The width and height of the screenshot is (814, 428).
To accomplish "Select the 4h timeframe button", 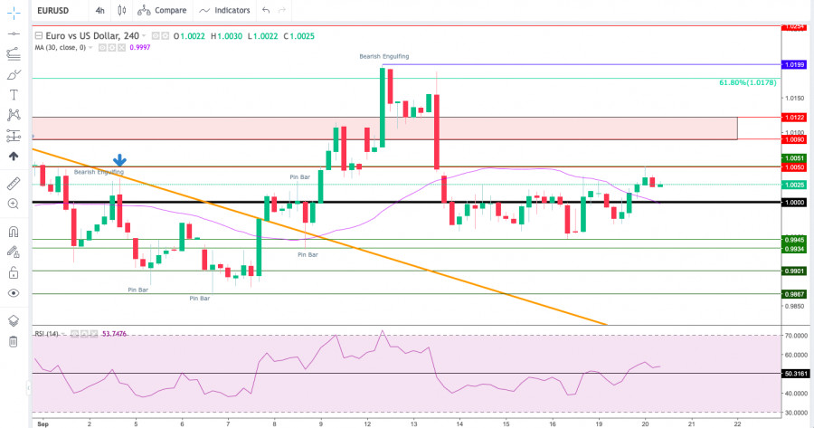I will pos(99,10).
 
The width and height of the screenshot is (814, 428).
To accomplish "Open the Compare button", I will pos(163,10).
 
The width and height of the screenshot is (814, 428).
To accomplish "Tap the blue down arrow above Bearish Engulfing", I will pos(119,160).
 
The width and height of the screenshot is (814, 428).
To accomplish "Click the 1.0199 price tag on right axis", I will pos(795,65).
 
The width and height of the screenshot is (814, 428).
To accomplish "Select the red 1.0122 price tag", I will pos(795,117).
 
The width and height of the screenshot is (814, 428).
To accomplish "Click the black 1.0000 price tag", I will pos(795,203).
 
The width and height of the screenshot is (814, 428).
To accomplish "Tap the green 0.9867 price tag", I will pos(795,294).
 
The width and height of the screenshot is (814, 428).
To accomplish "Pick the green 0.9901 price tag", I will pos(795,271).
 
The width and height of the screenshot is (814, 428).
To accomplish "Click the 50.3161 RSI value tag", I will pos(795,373).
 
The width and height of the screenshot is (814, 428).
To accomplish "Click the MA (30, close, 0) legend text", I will pos(80,47).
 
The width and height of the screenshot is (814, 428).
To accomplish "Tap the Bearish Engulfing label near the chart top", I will pos(383,56).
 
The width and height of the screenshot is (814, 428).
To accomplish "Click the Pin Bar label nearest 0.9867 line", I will pos(199,298).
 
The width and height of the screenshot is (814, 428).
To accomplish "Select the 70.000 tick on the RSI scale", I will pos(795,336).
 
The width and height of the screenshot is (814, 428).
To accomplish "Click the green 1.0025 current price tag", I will pos(795,185).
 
